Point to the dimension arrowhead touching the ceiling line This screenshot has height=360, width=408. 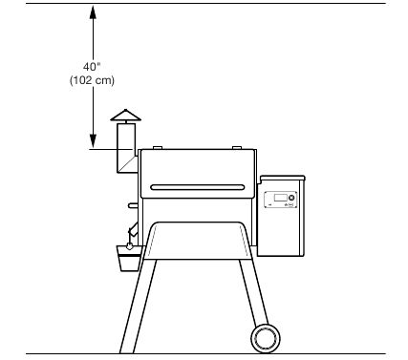tap(93, 11)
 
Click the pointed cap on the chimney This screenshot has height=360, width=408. tap(124, 116)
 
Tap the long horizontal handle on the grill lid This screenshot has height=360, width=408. tap(200, 185)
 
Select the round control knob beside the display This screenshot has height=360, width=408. tap(290, 199)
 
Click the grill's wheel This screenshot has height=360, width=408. tap(265, 338)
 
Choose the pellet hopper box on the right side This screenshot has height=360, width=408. tap(283, 220)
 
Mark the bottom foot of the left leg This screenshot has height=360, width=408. tap(123, 346)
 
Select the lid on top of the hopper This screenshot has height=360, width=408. tap(283, 178)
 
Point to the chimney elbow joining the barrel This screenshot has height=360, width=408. tap(126, 163)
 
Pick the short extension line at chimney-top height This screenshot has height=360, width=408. tap(103, 150)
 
